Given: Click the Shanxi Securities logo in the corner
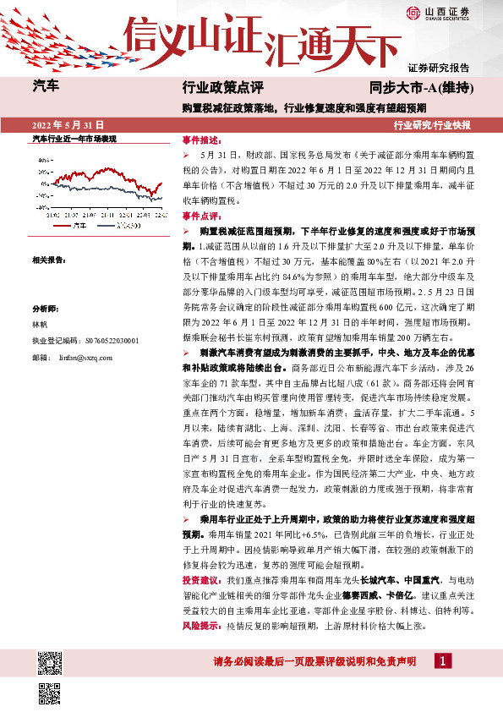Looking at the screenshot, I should coord(439,12).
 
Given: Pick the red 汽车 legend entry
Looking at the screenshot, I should coord(75,225).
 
